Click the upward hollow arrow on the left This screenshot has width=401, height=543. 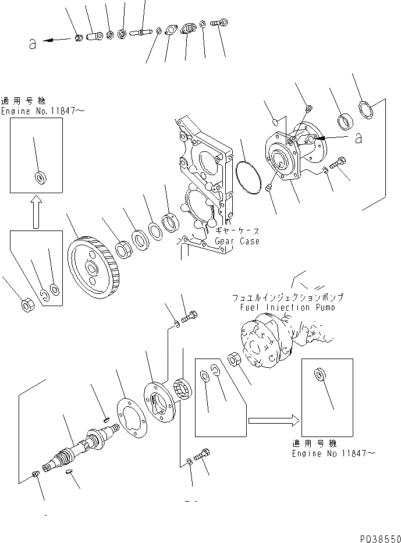click(x=36, y=211)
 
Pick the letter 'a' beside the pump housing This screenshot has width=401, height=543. click(x=359, y=138)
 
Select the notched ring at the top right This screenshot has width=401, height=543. click(x=365, y=109)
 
